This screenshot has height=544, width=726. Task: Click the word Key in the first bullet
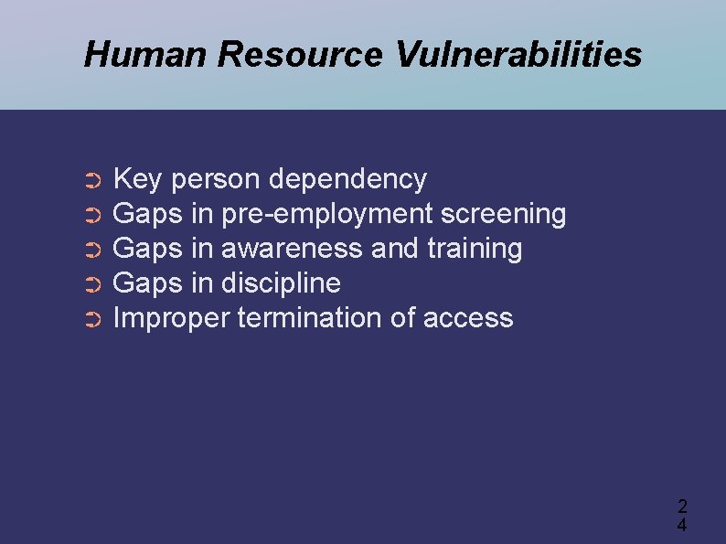[x=136, y=179]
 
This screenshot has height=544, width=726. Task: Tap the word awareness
[x=292, y=249]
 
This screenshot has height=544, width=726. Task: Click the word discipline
[x=281, y=283]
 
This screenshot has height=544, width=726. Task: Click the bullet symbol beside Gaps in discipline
[x=91, y=286]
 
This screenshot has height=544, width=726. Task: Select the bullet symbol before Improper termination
[x=91, y=321]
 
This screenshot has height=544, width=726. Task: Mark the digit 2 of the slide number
[x=682, y=507]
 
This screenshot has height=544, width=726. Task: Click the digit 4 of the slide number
[x=682, y=525]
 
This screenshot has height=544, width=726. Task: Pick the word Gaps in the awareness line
[x=147, y=249]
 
